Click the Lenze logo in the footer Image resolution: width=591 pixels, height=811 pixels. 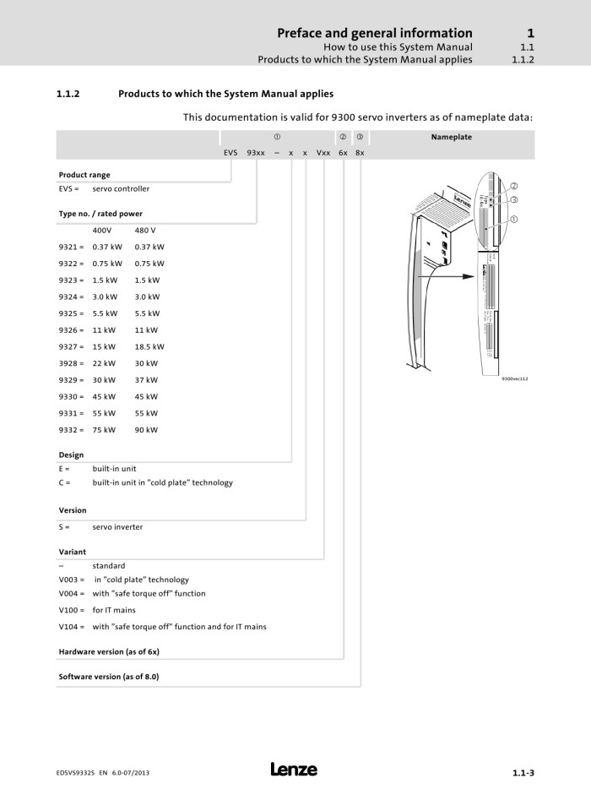[294, 769]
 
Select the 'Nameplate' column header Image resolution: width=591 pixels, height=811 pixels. [452, 137]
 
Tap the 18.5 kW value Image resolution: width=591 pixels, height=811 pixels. [149, 346]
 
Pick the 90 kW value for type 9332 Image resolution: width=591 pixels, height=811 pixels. [146, 429]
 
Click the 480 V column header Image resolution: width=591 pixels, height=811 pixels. [145, 230]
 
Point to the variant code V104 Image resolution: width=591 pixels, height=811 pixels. [72, 627]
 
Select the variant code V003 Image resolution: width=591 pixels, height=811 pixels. [72, 580]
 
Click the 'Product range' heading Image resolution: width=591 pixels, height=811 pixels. [84, 175]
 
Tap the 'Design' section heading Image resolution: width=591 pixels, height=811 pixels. [71, 454]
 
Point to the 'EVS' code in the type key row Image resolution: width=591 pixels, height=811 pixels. [230, 154]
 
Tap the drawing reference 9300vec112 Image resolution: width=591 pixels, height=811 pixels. [514, 378]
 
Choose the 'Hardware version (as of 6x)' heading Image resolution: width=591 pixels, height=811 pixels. [109, 652]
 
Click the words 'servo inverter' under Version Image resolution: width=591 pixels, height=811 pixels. [117, 526]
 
